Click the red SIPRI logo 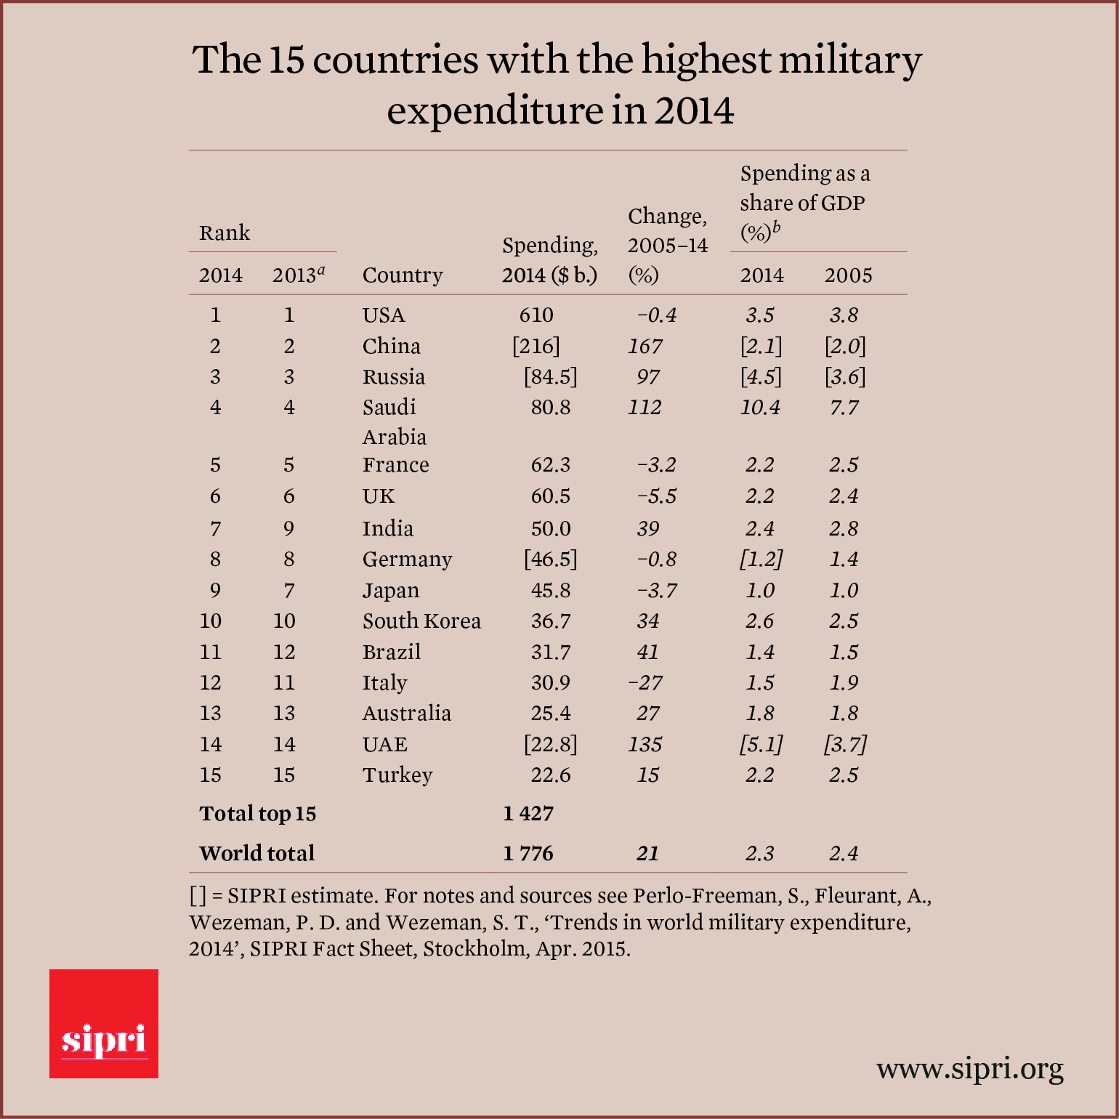pos(104,1023)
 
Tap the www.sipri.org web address pos(969,1069)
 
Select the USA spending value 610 pos(536,315)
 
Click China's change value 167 pos(645,346)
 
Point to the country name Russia pos(394,376)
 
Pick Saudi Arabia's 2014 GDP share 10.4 pos(760,407)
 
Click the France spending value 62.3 pos(551,464)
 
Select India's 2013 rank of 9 pos(289,528)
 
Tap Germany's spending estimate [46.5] pos(551,559)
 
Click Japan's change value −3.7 pos(657,590)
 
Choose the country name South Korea pos(421,621)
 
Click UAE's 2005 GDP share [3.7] pos(845,744)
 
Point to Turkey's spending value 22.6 pos(551,775)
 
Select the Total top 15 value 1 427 pos(528,813)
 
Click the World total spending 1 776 pos(528,852)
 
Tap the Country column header pos(403,275)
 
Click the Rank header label pos(225,233)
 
